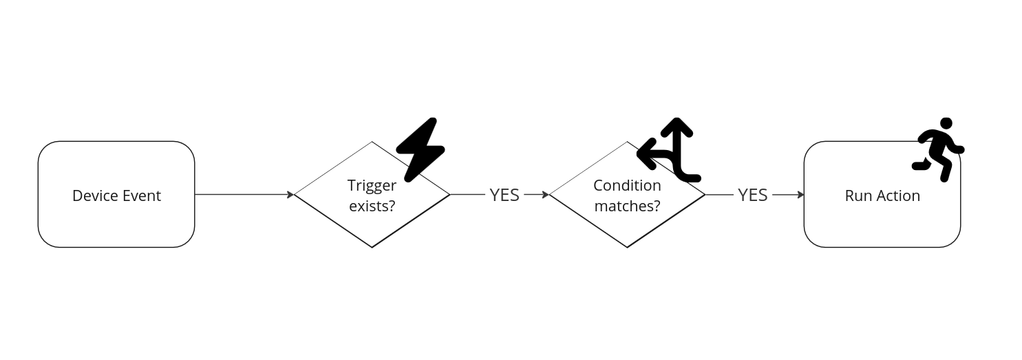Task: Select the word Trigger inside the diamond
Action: coord(372,185)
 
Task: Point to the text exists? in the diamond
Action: coord(372,205)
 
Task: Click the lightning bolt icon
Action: coord(420,149)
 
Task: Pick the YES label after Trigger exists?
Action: coord(504,195)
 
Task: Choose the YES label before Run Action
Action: coord(752,195)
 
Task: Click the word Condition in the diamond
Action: coord(627,185)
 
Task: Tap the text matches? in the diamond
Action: coord(627,205)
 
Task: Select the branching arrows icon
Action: coord(671,151)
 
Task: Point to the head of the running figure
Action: coord(946,123)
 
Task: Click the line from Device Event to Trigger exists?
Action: coord(241,195)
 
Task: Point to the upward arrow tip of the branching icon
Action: coord(677,122)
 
